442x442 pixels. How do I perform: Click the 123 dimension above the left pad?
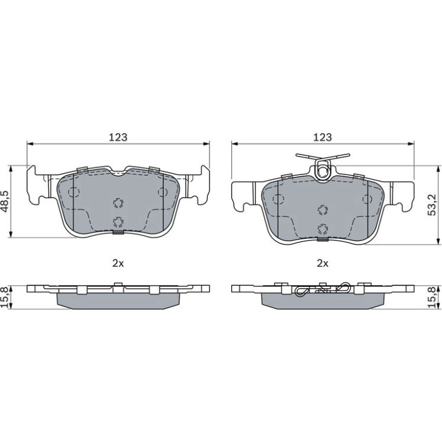118,137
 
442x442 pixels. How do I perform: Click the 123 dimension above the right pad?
323,137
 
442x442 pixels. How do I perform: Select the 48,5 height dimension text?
6,201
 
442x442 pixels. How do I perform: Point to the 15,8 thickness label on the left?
5,297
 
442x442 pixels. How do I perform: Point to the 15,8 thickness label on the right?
432,297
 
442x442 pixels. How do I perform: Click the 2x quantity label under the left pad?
118,263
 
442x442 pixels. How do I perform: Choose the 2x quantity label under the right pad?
323,263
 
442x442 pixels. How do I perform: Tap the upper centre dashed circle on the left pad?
118,203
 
